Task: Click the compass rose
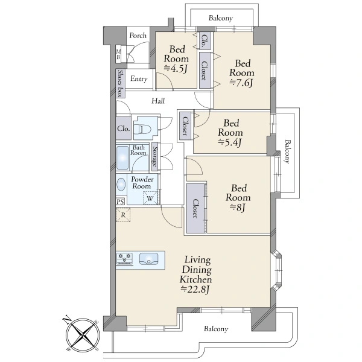click(x=83, y=334)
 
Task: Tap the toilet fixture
click(x=143, y=129)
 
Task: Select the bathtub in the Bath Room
click(x=122, y=157)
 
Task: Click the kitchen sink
click(x=148, y=259)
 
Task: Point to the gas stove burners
click(x=125, y=259)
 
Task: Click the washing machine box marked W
click(x=150, y=198)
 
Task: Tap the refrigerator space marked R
click(x=123, y=215)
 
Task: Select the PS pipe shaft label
click(x=120, y=202)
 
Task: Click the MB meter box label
click(x=118, y=54)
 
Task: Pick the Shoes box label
click(x=120, y=83)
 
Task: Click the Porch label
click(x=138, y=36)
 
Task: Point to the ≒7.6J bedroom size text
click(x=241, y=83)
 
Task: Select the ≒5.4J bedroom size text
click(x=230, y=142)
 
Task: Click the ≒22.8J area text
click(x=195, y=289)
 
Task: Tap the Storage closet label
click(x=154, y=157)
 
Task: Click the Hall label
click(x=158, y=101)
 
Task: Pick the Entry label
click(x=139, y=78)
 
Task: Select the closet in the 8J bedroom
click(x=195, y=208)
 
